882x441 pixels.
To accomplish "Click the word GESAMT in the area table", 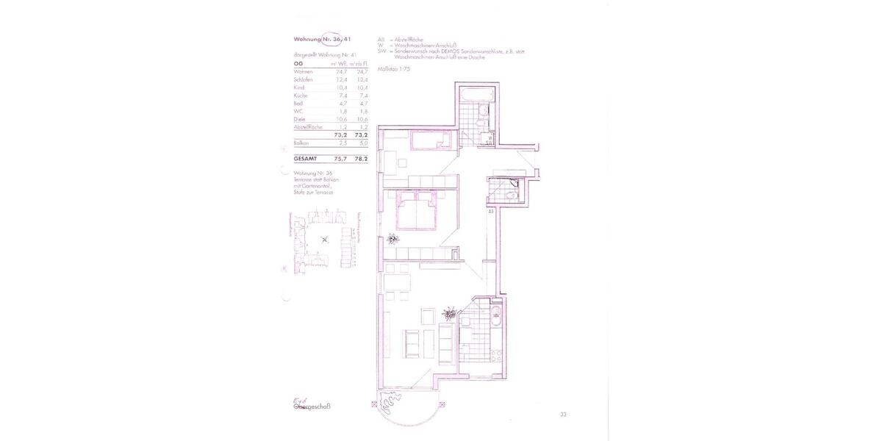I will point(305,157).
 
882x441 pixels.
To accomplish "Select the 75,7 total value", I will point(340,157).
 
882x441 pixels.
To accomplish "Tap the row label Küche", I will point(301,96).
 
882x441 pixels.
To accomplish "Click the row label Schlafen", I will point(303,79).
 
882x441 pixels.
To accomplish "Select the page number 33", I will point(563,415).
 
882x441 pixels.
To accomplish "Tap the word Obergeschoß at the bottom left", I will point(312,406).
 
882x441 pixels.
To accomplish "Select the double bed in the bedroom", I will point(418,214).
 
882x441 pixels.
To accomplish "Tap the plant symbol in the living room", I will point(448,315).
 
